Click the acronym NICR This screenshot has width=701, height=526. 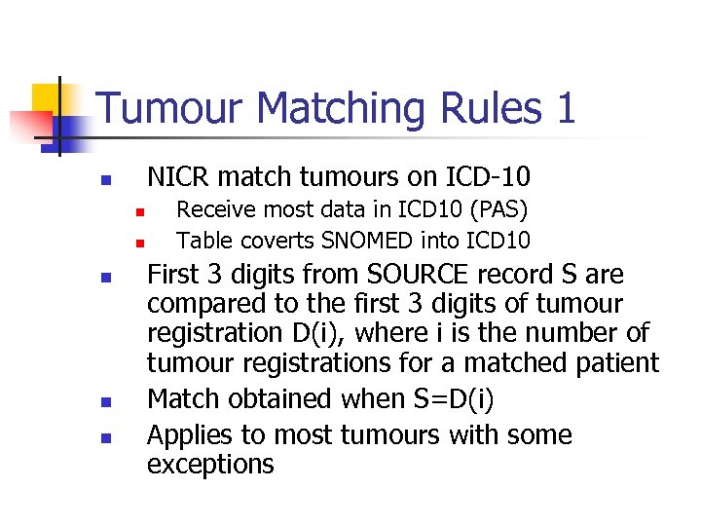179,177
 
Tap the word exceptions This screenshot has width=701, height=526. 210,465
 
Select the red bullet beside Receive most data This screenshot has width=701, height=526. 139,210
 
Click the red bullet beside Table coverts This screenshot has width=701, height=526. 139,241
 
